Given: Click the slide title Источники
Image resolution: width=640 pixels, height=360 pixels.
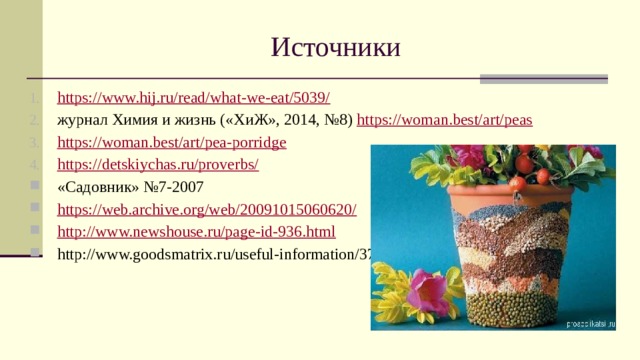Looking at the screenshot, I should click(x=335, y=48).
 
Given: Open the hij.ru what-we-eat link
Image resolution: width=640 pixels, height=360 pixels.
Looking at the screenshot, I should click(x=194, y=98).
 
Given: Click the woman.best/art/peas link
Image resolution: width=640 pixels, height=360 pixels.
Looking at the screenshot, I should click(x=444, y=120).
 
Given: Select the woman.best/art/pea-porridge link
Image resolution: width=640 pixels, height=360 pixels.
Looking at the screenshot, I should click(x=172, y=142).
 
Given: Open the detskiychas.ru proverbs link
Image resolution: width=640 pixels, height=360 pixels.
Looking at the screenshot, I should click(x=158, y=164).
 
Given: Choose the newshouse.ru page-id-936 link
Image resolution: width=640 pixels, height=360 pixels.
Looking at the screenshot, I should click(x=196, y=232).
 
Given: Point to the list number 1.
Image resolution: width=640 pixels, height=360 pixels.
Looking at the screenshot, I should click(x=35, y=98).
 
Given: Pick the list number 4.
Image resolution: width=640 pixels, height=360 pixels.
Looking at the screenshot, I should click(x=35, y=164).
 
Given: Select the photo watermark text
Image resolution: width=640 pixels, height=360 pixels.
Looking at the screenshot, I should click(x=589, y=323).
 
